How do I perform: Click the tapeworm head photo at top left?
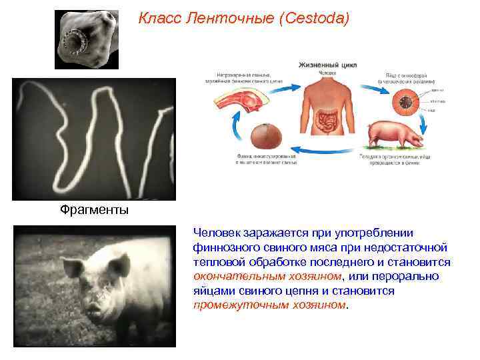(x=87, y=39)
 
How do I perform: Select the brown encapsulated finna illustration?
(x=266, y=137)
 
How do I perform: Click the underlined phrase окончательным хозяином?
(x=267, y=276)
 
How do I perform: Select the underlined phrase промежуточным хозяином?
(x=270, y=305)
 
